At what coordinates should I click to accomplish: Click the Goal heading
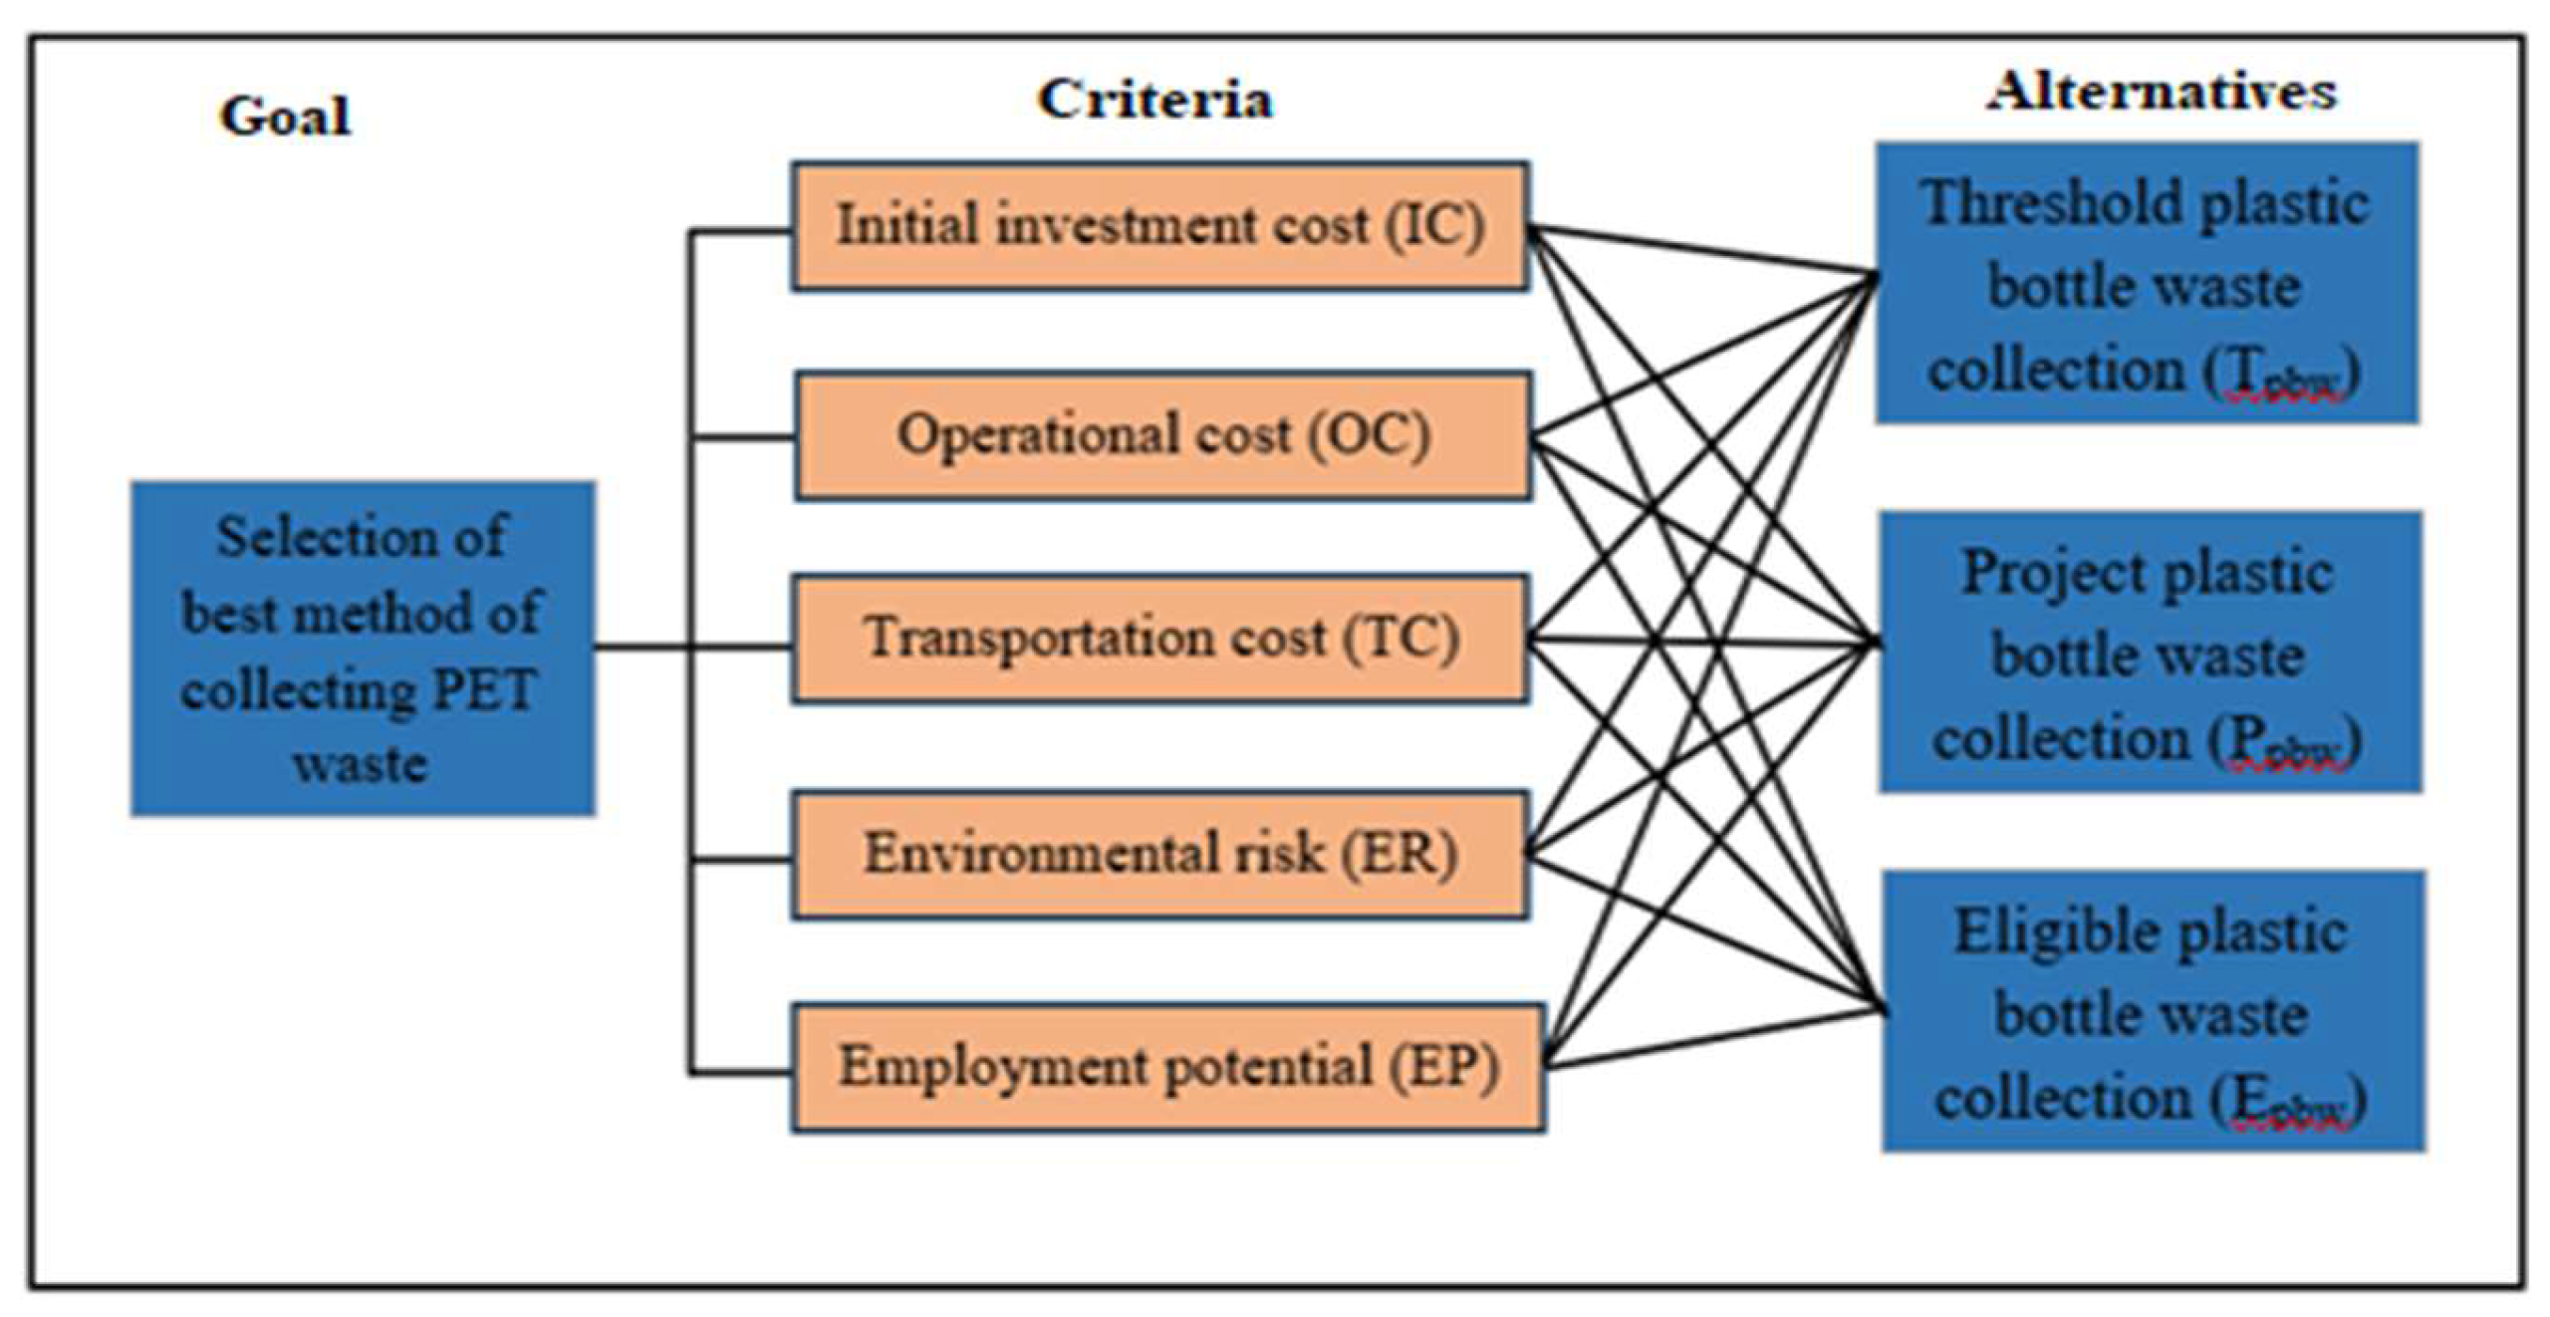(x=285, y=116)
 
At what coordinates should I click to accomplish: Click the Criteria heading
(x=1154, y=100)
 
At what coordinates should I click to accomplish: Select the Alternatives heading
(x=2161, y=92)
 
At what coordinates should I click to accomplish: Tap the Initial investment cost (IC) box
(x=1159, y=226)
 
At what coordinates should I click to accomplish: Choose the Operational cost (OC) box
(x=1162, y=435)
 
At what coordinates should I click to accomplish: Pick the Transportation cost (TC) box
(x=1159, y=638)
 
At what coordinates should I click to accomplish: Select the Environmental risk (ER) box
(x=1159, y=854)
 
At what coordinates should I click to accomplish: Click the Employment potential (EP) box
(x=1167, y=1067)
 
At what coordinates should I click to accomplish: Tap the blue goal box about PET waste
(x=363, y=649)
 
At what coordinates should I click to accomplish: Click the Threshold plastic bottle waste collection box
(x=2147, y=283)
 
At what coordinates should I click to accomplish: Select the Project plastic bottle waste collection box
(x=2150, y=652)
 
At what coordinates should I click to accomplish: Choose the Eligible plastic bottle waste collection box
(x=2153, y=1011)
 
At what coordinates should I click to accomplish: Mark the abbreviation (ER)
(x=1399, y=854)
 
